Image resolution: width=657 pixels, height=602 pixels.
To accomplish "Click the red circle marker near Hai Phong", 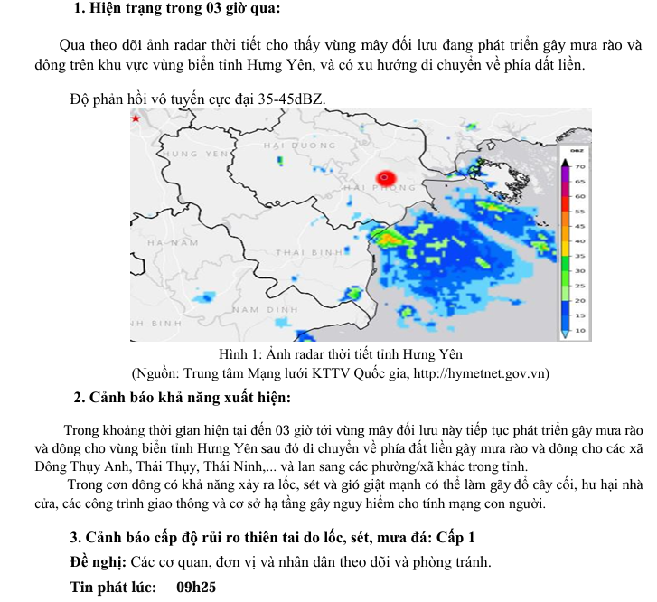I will (386, 177).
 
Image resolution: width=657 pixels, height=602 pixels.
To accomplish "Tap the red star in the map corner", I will (136, 118).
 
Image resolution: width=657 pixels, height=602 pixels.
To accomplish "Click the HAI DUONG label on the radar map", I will (293, 145).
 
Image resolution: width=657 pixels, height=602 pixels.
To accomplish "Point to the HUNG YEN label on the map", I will (194, 155).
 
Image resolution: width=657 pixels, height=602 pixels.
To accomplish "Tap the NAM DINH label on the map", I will (265, 309).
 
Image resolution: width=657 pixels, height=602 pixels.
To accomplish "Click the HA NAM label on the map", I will (172, 242).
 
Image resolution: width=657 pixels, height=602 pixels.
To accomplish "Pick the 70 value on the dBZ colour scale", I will (581, 167).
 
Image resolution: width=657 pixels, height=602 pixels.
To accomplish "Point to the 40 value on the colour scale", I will (581, 241).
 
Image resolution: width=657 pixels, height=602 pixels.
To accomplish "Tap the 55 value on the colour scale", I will (581, 211).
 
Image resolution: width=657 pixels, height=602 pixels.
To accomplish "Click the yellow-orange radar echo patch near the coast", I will (390, 240).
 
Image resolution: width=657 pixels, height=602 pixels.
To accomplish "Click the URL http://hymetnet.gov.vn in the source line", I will (471, 373).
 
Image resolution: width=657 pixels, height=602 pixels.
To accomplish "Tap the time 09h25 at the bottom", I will (196, 587).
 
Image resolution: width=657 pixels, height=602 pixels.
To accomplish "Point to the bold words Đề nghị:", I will (99, 561).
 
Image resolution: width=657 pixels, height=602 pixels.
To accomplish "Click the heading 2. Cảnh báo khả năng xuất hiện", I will (182, 397).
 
